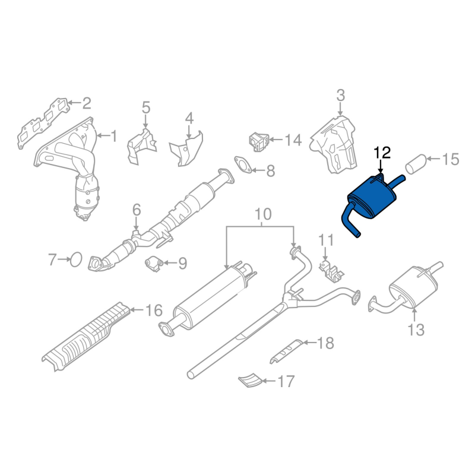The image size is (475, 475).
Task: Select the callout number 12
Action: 382,153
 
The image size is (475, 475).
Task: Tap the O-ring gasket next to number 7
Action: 76,259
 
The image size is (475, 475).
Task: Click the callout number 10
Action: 262,214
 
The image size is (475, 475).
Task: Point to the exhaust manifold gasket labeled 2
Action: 42,123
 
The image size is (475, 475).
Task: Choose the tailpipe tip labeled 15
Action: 415,165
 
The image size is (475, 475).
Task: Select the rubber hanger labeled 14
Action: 258,142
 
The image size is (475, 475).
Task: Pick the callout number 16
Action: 154,311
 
